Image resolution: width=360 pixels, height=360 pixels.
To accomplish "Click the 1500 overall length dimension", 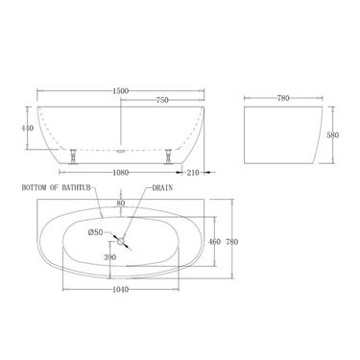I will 119,90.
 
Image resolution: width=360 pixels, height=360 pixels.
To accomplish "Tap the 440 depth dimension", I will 29,127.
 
